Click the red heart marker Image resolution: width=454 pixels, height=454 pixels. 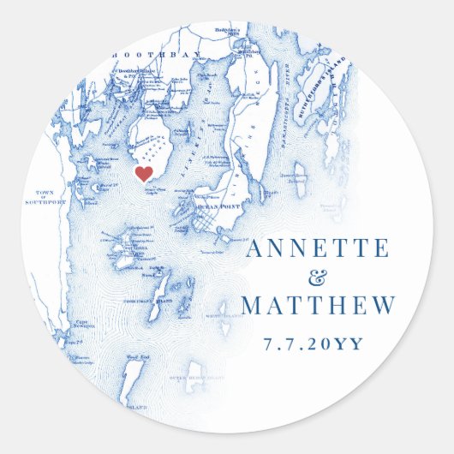[145, 174]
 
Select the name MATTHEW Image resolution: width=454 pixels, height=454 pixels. [318, 306]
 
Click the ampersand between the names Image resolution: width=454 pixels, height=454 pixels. [317, 278]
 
